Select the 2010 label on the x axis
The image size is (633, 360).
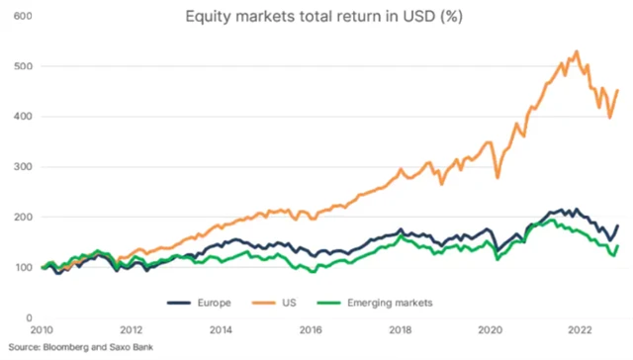42,332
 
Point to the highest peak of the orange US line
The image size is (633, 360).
576,50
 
